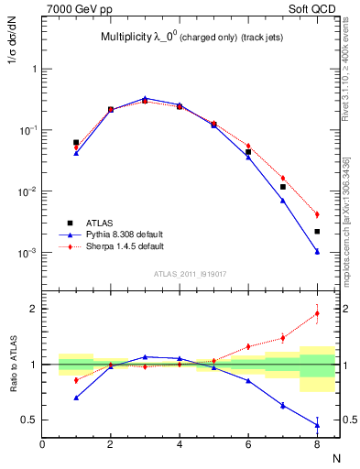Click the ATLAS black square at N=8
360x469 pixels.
316,232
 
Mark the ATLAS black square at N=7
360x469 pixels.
282,187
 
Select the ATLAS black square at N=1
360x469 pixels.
76,142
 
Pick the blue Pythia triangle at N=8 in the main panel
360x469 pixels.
316,251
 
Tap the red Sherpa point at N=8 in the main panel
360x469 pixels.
316,214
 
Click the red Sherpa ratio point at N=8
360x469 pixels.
316,313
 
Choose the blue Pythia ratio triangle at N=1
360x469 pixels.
76,398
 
